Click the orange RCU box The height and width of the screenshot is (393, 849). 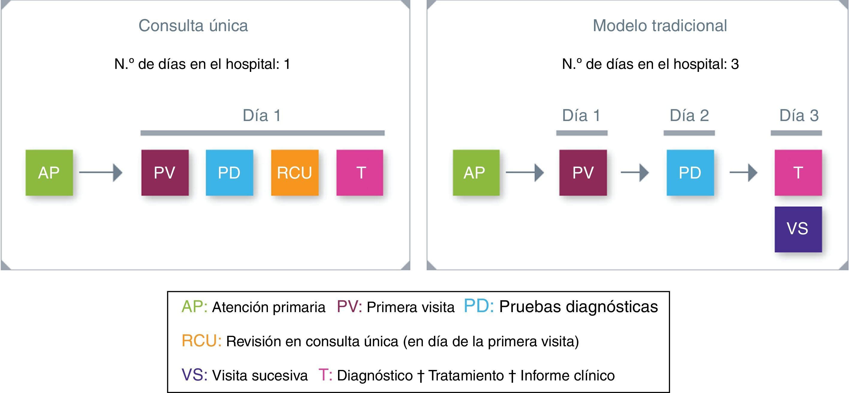click(x=295, y=173)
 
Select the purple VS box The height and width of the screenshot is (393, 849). click(x=798, y=229)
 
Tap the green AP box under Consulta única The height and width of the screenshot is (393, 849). click(x=49, y=173)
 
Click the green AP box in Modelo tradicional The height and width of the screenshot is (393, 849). click(x=476, y=173)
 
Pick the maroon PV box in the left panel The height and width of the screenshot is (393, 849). click(x=165, y=173)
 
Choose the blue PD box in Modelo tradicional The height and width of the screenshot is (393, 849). click(x=690, y=173)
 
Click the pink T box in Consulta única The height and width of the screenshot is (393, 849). click(x=360, y=173)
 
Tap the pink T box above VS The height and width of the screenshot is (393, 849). click(x=798, y=173)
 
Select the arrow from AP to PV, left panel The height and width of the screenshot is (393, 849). click(x=100, y=172)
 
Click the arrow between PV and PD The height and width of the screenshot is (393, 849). click(x=634, y=172)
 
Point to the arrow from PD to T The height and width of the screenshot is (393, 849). click(x=743, y=172)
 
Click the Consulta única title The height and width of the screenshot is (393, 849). click(x=193, y=26)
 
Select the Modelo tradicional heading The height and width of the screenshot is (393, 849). click(x=660, y=26)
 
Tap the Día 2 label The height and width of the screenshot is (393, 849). click(x=689, y=116)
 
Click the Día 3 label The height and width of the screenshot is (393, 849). click(x=799, y=116)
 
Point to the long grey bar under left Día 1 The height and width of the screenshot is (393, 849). click(x=262, y=133)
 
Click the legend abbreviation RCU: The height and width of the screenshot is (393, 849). click(x=201, y=341)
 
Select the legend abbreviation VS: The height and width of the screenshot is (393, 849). click(x=194, y=375)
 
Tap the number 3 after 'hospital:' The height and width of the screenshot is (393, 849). click(x=735, y=64)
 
